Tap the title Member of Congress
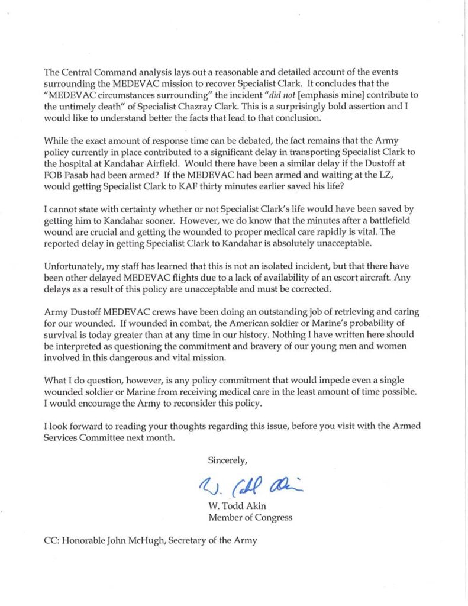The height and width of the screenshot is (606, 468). pos(250,518)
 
